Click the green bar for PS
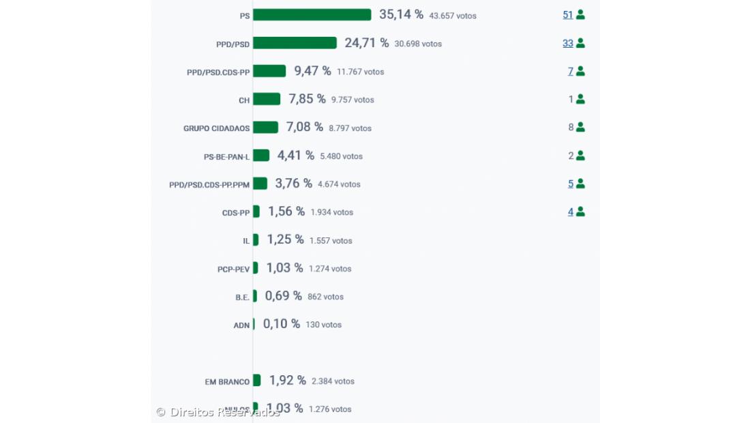click(312, 15)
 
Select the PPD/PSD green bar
click(295, 43)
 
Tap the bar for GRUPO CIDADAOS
click(265, 128)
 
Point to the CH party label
click(244, 100)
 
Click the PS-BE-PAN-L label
click(226, 157)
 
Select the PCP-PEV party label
click(233, 269)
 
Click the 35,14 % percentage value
click(401, 14)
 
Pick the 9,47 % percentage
click(312, 71)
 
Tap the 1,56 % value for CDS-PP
click(286, 211)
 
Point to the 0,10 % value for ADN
click(282, 324)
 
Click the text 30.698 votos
click(418, 44)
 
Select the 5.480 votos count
click(341, 156)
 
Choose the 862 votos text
click(325, 297)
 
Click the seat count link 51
click(568, 14)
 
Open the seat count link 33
click(568, 43)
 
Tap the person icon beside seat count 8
click(580, 127)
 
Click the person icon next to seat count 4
click(580, 211)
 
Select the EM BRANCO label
click(227, 382)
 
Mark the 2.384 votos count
click(333, 381)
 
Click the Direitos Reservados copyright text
click(218, 412)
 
